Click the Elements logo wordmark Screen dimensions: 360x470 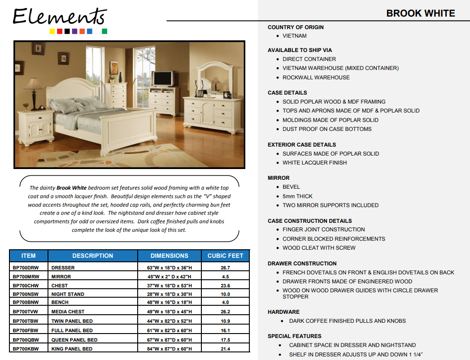pyautogui.click(x=59, y=17)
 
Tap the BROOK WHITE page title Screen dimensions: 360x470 pyautogui.click(x=420, y=13)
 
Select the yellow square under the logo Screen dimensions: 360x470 pyautogui.click(x=52, y=31)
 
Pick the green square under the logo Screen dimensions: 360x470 pyautogui.click(x=104, y=31)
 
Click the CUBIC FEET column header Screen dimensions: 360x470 pyautogui.click(x=225, y=256)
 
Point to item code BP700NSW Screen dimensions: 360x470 pyautogui.click(x=26, y=294)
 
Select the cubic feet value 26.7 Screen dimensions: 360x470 pyautogui.click(x=225, y=268)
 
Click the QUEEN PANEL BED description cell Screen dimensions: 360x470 pyautogui.click(x=74, y=340)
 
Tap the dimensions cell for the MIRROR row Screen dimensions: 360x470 pyautogui.click(x=169, y=277)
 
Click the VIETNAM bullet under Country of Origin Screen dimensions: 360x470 pyautogui.click(x=295, y=36)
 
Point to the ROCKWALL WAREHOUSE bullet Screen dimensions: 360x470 pyautogui.click(x=316, y=78)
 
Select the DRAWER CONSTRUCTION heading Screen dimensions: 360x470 pyautogui.click(x=302, y=264)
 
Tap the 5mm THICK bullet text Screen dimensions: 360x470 pyautogui.click(x=297, y=196)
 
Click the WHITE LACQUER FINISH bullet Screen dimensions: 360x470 pyautogui.click(x=314, y=163)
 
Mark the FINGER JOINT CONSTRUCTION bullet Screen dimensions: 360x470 pyautogui.click(x=323, y=230)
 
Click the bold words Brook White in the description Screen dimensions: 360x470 pyautogui.click(x=71, y=188)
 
